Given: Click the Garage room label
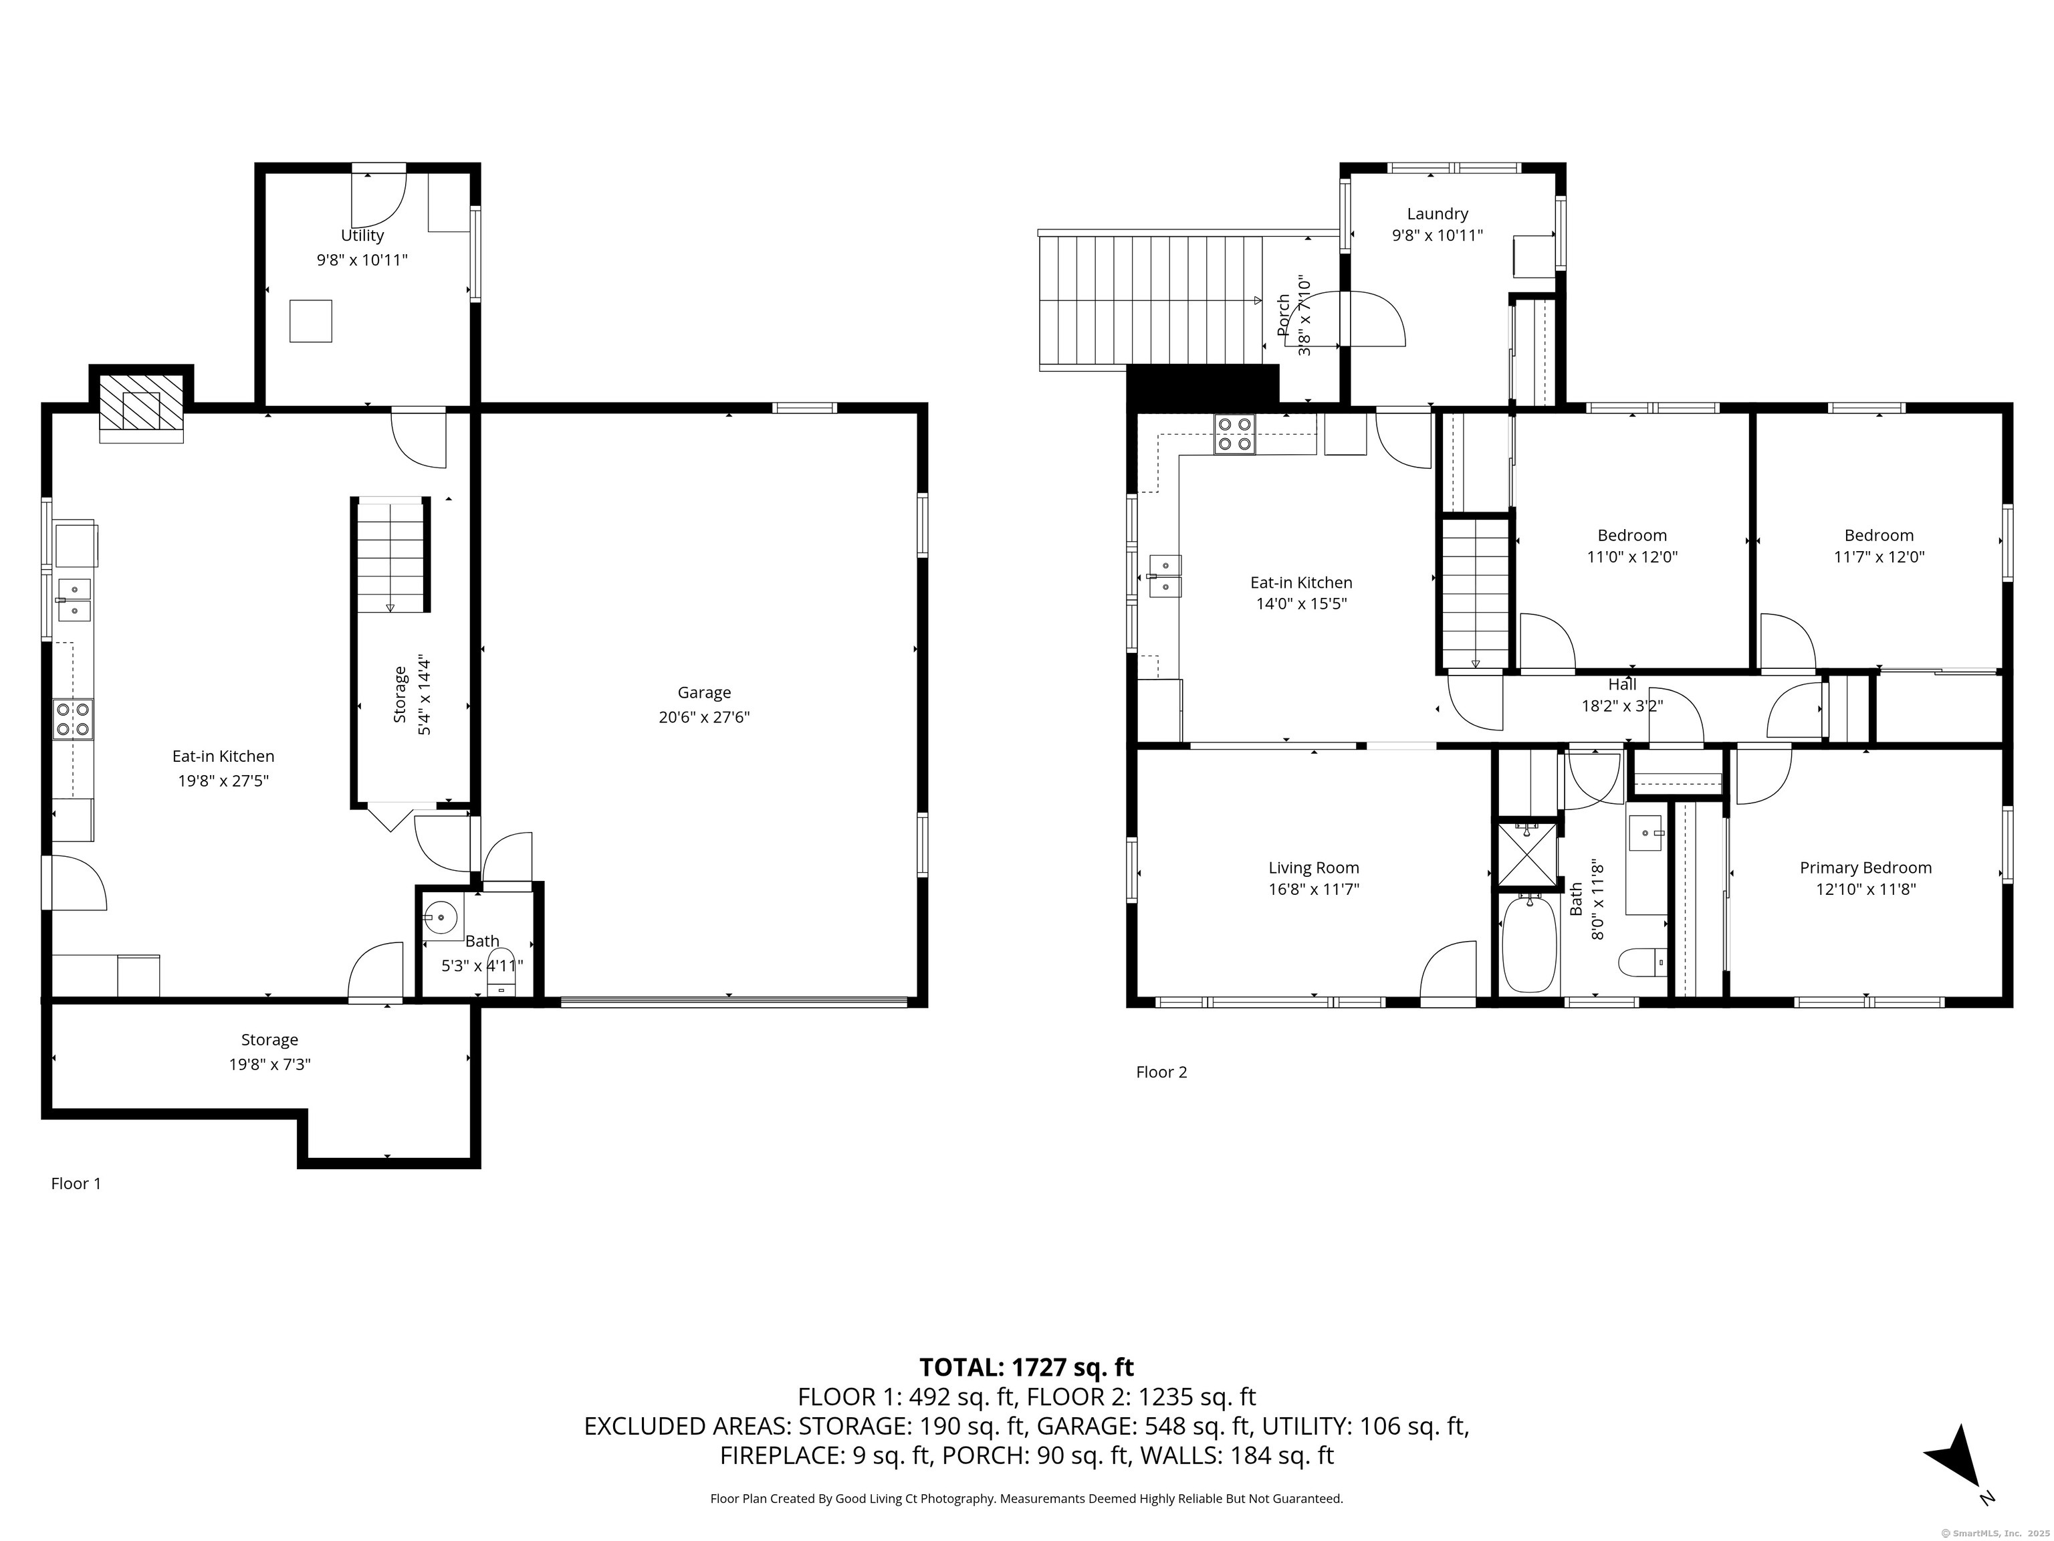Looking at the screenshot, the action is [x=704, y=693].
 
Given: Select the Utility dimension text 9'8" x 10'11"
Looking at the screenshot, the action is [x=362, y=260].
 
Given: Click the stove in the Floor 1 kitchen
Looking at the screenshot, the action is [x=74, y=719].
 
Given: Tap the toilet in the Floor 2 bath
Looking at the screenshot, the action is [x=1641, y=963].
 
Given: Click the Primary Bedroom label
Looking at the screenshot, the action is [x=1865, y=867].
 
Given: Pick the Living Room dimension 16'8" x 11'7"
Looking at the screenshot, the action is [x=1314, y=889].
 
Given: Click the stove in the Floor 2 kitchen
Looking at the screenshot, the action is [x=1234, y=434].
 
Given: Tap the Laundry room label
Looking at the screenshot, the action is [x=1438, y=213].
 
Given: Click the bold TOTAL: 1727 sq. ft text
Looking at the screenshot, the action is [x=1026, y=1367].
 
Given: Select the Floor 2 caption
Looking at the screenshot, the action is [x=1161, y=1072].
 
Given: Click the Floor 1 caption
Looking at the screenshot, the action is [x=76, y=1183].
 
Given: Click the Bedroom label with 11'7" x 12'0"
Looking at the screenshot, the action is [x=1879, y=535].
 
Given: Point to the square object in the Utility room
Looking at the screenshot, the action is [x=310, y=322].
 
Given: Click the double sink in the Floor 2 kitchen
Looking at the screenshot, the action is [x=1165, y=576].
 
